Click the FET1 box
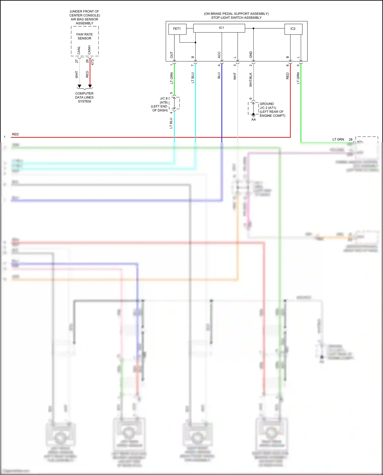click(177, 29)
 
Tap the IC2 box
click(293, 29)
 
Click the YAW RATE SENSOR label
click(84, 36)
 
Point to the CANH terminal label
click(89, 50)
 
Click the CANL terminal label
click(79, 50)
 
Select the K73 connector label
click(92, 62)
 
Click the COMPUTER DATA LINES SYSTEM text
click(84, 97)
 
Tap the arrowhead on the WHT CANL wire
click(79, 86)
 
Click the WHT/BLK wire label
click(251, 80)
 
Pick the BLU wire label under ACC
click(219, 76)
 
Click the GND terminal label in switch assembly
click(251, 54)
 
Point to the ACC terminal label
click(219, 55)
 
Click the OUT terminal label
click(172, 55)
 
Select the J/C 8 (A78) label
click(163, 100)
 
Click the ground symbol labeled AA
click(253, 116)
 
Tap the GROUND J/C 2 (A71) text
click(268, 106)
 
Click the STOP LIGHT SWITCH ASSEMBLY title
click(236, 18)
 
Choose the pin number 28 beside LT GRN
click(351, 140)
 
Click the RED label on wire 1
click(15, 134)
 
